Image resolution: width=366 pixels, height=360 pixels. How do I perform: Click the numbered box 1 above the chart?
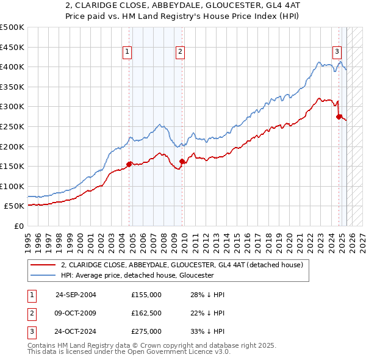point(127,52)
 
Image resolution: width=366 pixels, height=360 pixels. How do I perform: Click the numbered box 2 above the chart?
point(181,52)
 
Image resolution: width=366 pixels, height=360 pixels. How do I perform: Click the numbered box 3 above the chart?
point(336,52)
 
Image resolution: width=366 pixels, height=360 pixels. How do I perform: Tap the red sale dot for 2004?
point(129,164)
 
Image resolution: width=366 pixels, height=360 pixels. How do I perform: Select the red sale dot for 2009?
point(182,161)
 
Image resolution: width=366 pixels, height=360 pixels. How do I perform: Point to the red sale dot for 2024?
point(339,117)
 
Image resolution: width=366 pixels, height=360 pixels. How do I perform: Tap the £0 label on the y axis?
point(19,226)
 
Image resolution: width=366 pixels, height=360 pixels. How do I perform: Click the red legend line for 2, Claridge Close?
point(44,265)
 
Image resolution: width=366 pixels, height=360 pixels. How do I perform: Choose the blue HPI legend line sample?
point(44,275)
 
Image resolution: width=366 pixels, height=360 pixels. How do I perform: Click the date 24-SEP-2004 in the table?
point(76,295)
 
